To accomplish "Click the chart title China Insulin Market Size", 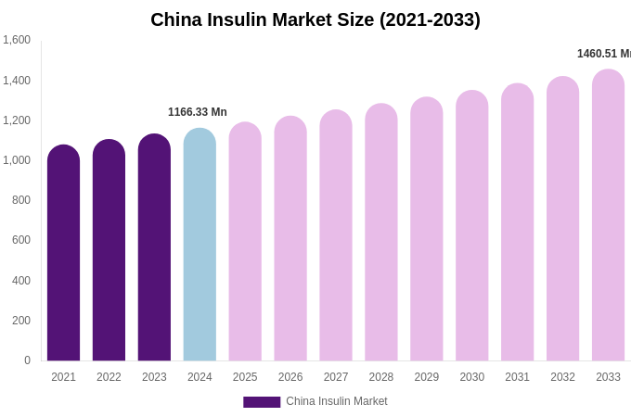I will point(315,19).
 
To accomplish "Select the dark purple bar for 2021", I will point(63,255).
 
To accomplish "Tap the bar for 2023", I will point(154,248).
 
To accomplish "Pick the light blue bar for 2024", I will point(200,246).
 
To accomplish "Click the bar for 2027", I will point(336,236).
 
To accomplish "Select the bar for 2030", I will point(471,227).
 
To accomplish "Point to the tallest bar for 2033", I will point(608,216).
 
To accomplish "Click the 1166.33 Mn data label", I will point(198,112).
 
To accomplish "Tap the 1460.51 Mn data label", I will point(603,54).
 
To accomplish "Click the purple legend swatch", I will point(262,402).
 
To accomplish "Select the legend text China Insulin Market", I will point(337,401).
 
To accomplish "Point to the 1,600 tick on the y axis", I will point(17,40).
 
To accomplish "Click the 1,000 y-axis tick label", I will point(17,160).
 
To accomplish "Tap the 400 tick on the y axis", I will point(21,281).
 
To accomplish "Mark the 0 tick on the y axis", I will point(27,360).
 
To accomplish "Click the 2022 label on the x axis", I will point(109,377).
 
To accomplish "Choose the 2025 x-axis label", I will point(245,377).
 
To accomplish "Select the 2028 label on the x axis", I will point(381,377).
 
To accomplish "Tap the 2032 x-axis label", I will point(562,377).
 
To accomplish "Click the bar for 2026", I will point(290,239).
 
